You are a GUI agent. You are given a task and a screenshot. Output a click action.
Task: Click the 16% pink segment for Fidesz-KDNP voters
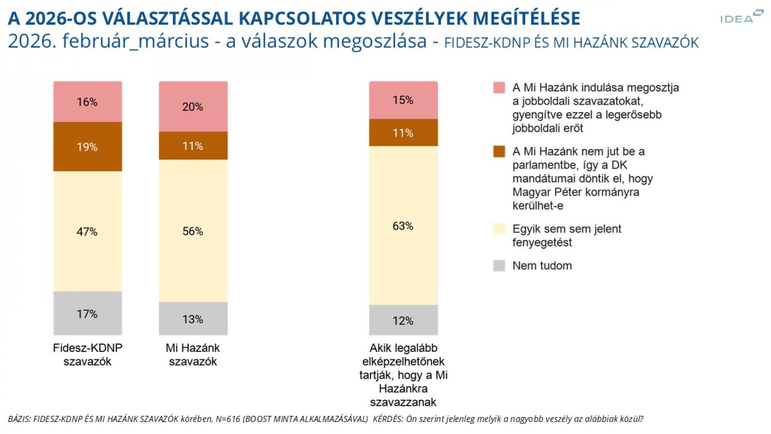coord(87,102)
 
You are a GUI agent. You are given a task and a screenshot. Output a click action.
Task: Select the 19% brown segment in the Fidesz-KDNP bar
coord(87,147)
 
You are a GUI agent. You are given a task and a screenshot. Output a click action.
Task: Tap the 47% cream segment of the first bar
coord(87,231)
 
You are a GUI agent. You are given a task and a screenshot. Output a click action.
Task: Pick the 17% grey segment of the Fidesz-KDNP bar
coord(87,313)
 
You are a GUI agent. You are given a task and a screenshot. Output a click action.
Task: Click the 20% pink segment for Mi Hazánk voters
coord(193,107)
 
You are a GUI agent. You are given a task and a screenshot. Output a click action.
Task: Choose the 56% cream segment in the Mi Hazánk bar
coord(193,231)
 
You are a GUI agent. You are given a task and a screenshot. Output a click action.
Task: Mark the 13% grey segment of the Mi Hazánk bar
coord(193,319)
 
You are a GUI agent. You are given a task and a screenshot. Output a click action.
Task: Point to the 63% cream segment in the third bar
coord(403,226)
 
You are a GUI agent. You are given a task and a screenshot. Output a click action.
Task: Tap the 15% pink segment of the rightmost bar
coord(403,100)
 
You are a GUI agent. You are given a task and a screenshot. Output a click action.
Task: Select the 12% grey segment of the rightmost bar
coord(403,320)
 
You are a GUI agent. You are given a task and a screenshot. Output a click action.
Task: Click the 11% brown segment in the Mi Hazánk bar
coord(193,146)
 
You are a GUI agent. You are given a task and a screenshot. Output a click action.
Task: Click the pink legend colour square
coord(499,88)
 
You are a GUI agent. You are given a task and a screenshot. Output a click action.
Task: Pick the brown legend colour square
coord(499,151)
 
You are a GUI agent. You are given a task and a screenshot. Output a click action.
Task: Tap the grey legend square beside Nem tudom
coord(499,266)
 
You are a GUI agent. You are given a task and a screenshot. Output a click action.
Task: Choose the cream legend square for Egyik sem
coord(499,229)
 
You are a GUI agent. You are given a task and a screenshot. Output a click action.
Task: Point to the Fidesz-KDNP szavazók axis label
coord(87,354)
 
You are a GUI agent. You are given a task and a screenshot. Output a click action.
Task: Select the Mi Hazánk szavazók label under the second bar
coord(193,354)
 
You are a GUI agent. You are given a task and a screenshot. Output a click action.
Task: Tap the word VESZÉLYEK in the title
coord(411,18)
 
